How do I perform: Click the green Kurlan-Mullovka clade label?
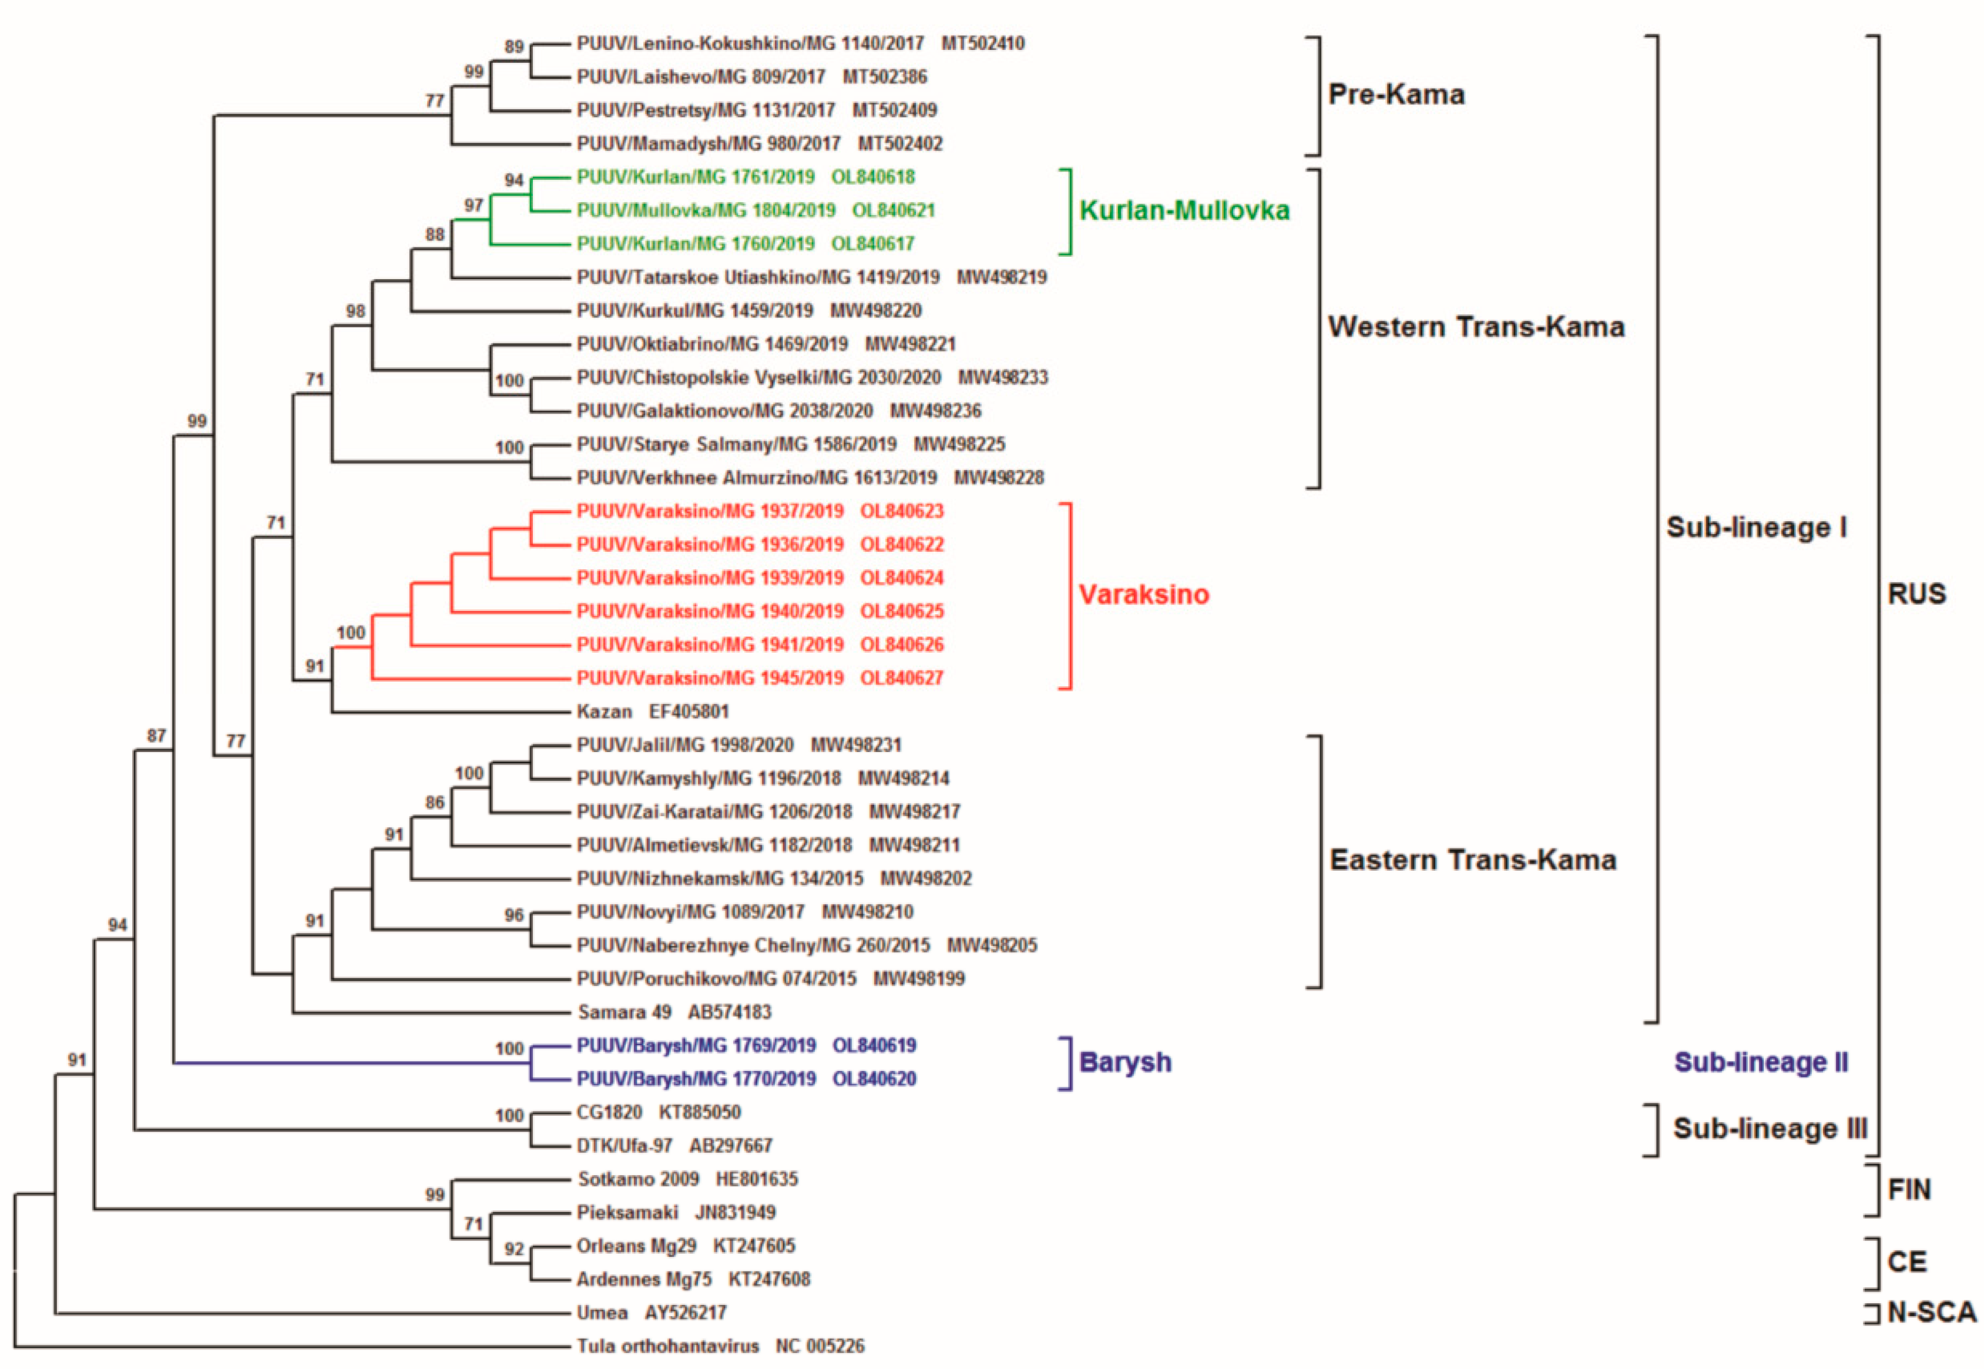tap(1184, 210)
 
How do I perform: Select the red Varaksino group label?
tap(1143, 595)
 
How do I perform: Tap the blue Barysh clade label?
tap(1124, 1062)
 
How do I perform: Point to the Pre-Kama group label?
tap(1395, 95)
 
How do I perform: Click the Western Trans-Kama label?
tap(1475, 327)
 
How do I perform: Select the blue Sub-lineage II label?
tap(1761, 1062)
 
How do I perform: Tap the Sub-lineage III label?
tap(1770, 1128)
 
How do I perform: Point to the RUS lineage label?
tap(1916, 593)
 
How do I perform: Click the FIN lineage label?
tap(1909, 1190)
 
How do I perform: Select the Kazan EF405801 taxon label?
tap(652, 711)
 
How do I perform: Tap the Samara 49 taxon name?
tap(625, 1012)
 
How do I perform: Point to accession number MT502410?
tap(982, 43)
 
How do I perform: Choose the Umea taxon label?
tap(602, 1313)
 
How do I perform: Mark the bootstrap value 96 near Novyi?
tap(514, 915)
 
